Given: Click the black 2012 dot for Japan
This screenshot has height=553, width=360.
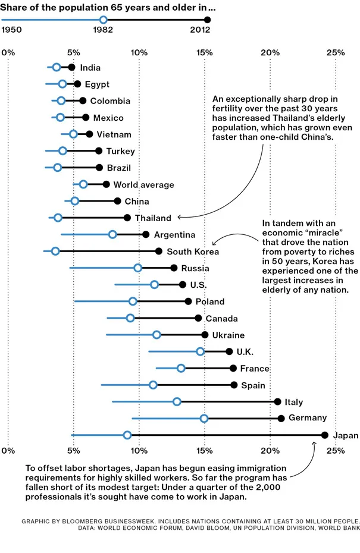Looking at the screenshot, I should click(324, 435).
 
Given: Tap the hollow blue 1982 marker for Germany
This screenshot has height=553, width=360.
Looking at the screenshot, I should click(204, 419).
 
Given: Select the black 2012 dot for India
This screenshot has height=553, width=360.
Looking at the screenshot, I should click(71, 67).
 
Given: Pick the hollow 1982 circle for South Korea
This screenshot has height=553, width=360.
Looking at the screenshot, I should click(55, 251).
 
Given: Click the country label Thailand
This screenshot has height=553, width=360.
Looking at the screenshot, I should click(153, 218).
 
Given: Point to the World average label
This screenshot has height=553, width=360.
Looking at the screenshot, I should click(143, 185).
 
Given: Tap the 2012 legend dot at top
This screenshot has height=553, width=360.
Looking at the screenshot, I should click(207, 20).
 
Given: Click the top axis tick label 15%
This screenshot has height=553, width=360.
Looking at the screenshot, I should click(204, 52).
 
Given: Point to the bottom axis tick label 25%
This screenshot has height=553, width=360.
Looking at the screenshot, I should click(335, 451).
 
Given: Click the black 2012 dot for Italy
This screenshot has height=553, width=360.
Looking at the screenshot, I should click(277, 402).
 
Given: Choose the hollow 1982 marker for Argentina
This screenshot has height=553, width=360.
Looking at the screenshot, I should click(112, 234).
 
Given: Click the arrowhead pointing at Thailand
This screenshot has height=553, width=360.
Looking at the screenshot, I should click(180, 218).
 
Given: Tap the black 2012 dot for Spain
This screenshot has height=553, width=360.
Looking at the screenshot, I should click(234, 385).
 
